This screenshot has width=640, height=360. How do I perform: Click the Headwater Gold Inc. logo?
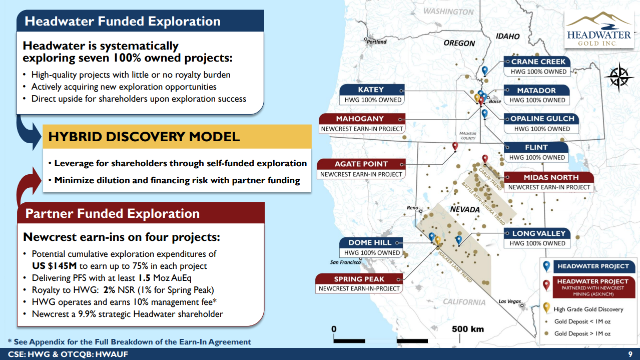coord(599,29)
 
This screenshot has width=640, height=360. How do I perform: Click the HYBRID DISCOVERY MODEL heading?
coord(144,137)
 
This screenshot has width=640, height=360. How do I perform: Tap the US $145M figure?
coord(54,266)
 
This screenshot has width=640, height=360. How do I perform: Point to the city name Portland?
coord(377,42)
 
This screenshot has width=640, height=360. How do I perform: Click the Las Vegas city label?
coord(510,301)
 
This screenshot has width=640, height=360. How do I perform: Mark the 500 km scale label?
coord(468,329)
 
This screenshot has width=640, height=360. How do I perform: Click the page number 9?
coord(630,354)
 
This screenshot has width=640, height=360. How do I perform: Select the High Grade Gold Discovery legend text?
coord(588,309)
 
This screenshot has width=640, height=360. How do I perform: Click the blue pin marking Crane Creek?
coord(484,71)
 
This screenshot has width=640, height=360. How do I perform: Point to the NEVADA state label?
coord(465,210)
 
